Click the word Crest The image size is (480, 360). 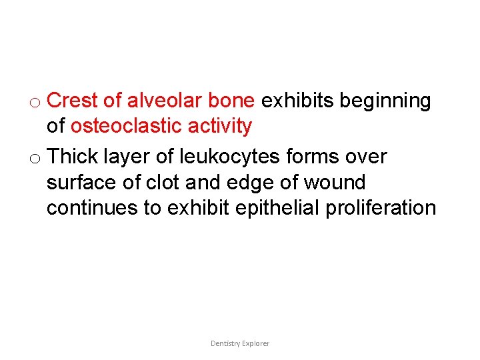click(74, 101)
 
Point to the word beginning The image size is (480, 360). click(385, 101)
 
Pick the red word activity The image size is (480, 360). click(219, 127)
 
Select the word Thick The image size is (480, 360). click(73, 156)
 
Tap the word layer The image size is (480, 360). click(127, 157)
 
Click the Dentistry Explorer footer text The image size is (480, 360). click(240, 343)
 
